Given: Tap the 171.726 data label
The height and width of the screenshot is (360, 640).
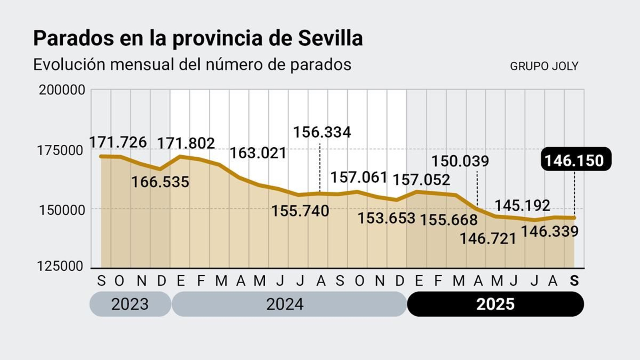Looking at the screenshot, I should tap(118, 142).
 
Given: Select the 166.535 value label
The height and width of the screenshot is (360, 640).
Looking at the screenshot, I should tap(160, 182).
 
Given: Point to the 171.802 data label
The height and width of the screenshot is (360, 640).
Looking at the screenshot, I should tap(186, 143).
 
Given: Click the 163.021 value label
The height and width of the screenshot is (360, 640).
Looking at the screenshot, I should tap(258, 153).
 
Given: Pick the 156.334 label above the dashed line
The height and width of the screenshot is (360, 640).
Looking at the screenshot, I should tap(322, 132).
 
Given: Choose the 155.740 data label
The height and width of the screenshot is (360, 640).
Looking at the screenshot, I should tap(300, 211).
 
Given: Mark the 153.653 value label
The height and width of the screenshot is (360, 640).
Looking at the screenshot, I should tap(386, 218).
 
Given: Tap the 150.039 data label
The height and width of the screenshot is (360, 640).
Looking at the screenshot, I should tap(460, 161).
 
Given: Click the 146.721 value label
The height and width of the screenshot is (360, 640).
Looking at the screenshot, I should tap(488, 239).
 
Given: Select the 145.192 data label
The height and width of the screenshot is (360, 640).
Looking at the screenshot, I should tap(522, 205).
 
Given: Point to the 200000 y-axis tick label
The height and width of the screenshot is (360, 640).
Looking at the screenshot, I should tap(62, 90).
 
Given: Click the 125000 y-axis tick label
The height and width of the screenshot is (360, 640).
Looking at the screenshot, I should tap(60, 266).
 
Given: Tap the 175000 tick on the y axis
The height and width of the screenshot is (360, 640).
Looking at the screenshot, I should tap(60, 151).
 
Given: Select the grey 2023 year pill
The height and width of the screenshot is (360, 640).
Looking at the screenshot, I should tap(130, 304).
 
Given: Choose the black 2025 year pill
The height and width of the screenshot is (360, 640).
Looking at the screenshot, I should tap(495, 304).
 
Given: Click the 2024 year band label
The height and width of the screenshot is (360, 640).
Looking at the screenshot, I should tap(285, 304).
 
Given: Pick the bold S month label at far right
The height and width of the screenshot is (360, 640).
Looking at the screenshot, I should tap(574, 281).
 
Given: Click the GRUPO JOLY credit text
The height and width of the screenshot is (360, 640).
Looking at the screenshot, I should tap(544, 66).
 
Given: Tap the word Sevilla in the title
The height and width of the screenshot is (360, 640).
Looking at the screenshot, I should tap(330, 38).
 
